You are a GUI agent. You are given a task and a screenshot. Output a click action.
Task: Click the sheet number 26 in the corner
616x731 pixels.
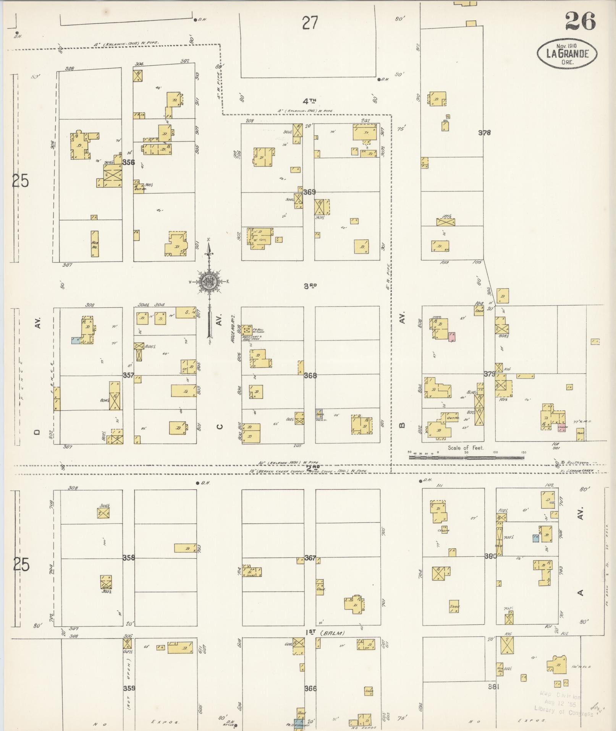580,21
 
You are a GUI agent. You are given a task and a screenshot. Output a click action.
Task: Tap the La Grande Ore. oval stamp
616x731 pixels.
567,54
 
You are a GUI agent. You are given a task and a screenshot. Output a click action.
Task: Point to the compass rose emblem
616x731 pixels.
209,282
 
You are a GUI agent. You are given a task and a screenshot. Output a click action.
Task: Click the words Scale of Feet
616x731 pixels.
466,447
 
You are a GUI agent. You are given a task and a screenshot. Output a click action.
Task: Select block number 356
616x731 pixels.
129,162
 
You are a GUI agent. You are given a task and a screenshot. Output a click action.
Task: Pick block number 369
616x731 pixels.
309,192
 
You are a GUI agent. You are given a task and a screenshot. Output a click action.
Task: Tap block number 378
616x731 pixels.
485,133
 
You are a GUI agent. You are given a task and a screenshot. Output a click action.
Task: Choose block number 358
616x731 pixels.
129,558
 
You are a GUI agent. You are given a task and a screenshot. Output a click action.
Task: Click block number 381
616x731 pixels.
494,686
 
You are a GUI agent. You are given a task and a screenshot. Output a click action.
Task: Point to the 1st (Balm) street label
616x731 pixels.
325,633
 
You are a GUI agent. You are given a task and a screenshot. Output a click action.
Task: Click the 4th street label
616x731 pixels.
310,101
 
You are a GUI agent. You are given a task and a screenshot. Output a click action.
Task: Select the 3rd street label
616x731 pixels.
310,286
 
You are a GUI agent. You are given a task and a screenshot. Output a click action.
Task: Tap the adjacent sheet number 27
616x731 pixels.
310,23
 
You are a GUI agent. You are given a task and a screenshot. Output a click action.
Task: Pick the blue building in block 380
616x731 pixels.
535,538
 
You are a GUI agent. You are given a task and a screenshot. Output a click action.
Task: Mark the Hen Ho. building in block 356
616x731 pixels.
94,243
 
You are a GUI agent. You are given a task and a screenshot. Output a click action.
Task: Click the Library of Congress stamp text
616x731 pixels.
563,710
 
